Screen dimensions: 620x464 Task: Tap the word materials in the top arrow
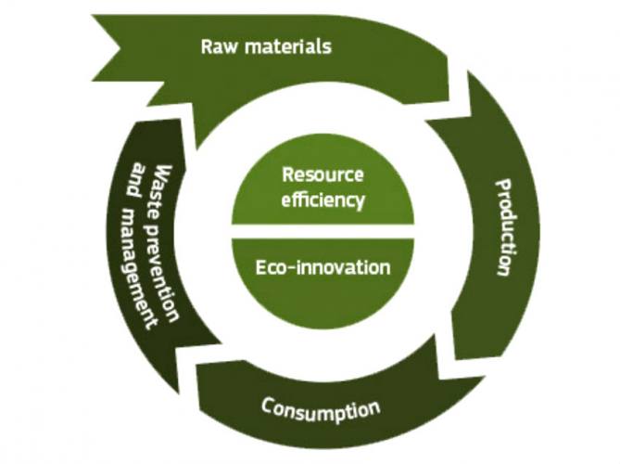coord(288,46)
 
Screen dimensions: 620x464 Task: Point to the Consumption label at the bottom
coord(321,410)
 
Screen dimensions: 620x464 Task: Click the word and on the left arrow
coord(135,179)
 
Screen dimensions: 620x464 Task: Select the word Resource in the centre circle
coord(323,174)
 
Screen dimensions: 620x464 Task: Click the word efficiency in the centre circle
coord(323,200)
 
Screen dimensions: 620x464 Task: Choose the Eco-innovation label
coord(323,267)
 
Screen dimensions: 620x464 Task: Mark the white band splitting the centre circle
coord(323,232)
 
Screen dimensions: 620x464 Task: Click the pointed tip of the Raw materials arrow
coord(474,116)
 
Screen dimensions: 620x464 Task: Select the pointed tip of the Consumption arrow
coord(196,364)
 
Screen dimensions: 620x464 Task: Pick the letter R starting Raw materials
coord(207,46)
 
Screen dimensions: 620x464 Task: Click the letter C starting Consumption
coord(267,406)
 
